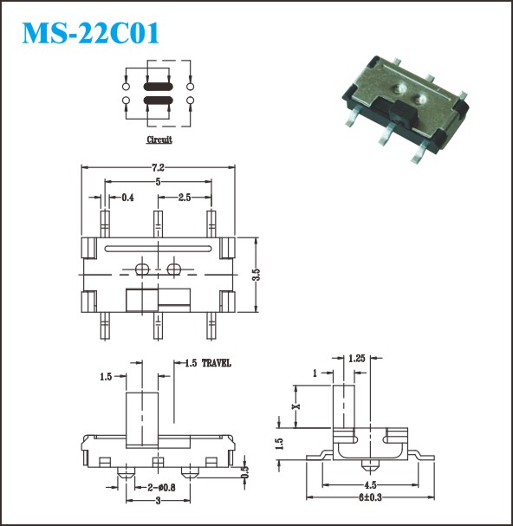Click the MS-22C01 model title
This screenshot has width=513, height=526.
tap(90, 33)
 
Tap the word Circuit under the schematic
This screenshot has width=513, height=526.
tap(159, 140)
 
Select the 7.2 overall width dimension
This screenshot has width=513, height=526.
tap(158, 167)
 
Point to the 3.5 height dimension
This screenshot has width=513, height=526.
tap(256, 275)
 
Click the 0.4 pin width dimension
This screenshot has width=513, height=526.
tap(127, 198)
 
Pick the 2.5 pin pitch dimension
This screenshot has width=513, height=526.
tap(185, 198)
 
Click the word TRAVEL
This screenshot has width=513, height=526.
tap(216, 363)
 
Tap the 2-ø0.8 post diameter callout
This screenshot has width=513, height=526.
tap(161, 487)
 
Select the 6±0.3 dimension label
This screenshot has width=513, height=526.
tap(370, 497)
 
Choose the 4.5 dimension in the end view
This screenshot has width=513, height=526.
tap(370, 484)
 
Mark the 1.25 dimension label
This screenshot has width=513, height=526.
tap(356, 359)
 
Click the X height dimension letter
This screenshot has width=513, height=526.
tap(295, 406)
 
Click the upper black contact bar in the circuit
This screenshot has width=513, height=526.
tap(158, 87)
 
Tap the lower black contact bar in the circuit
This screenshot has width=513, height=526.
tap(158, 100)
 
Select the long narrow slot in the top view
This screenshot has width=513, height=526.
tap(158, 249)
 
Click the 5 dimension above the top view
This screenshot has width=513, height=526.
tap(158, 182)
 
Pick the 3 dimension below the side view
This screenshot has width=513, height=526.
tap(158, 501)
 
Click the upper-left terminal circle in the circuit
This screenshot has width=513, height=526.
tap(126, 87)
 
